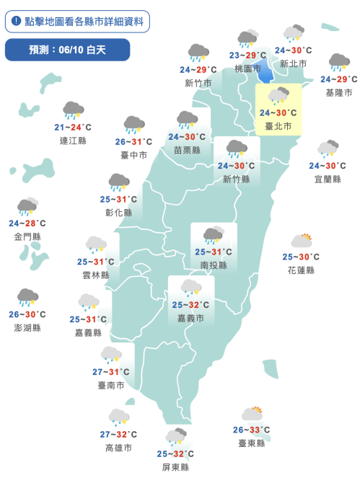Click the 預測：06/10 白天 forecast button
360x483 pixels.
point(67,50)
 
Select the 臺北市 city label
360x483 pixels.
point(278,125)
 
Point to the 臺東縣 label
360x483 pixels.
point(252,443)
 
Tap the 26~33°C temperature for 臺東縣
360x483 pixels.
point(252,430)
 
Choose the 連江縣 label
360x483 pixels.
point(73,141)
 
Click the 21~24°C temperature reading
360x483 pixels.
point(73,128)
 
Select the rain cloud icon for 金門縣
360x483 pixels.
point(27,208)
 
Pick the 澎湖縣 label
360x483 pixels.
point(27,327)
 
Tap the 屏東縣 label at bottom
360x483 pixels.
point(175,467)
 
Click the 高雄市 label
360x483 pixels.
point(118,448)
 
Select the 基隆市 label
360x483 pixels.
point(339,92)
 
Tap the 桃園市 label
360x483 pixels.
point(247,68)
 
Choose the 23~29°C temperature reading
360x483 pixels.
point(247,56)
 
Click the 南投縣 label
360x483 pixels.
point(214,265)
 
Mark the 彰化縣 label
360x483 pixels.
point(118,213)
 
